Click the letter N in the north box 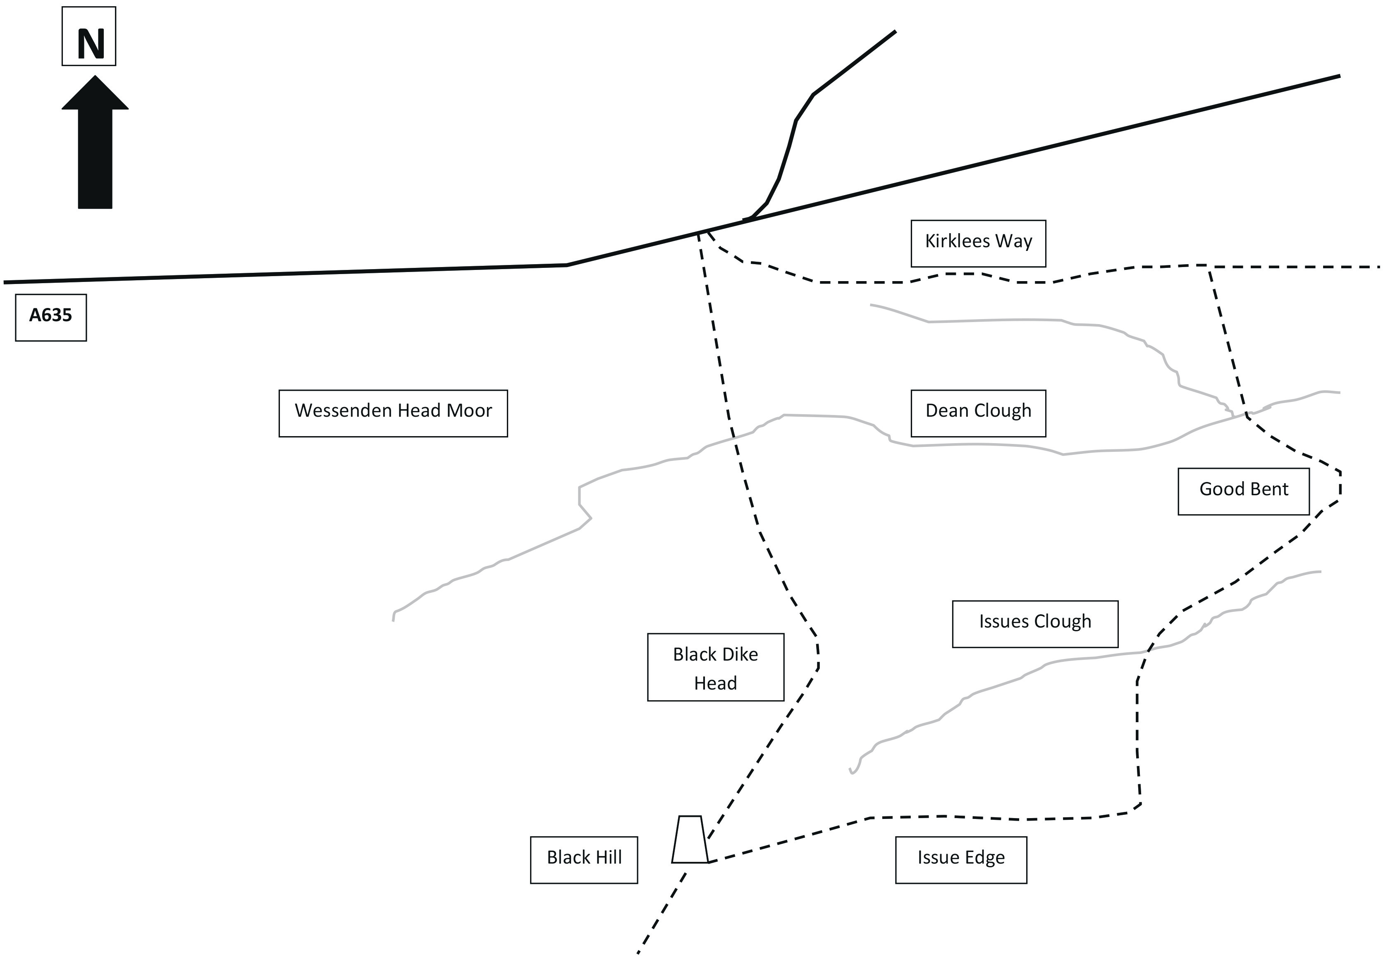(x=91, y=44)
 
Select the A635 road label (x=51, y=315)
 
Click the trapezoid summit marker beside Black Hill (x=690, y=840)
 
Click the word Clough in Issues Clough (x=1063, y=623)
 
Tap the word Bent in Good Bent (x=1267, y=489)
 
